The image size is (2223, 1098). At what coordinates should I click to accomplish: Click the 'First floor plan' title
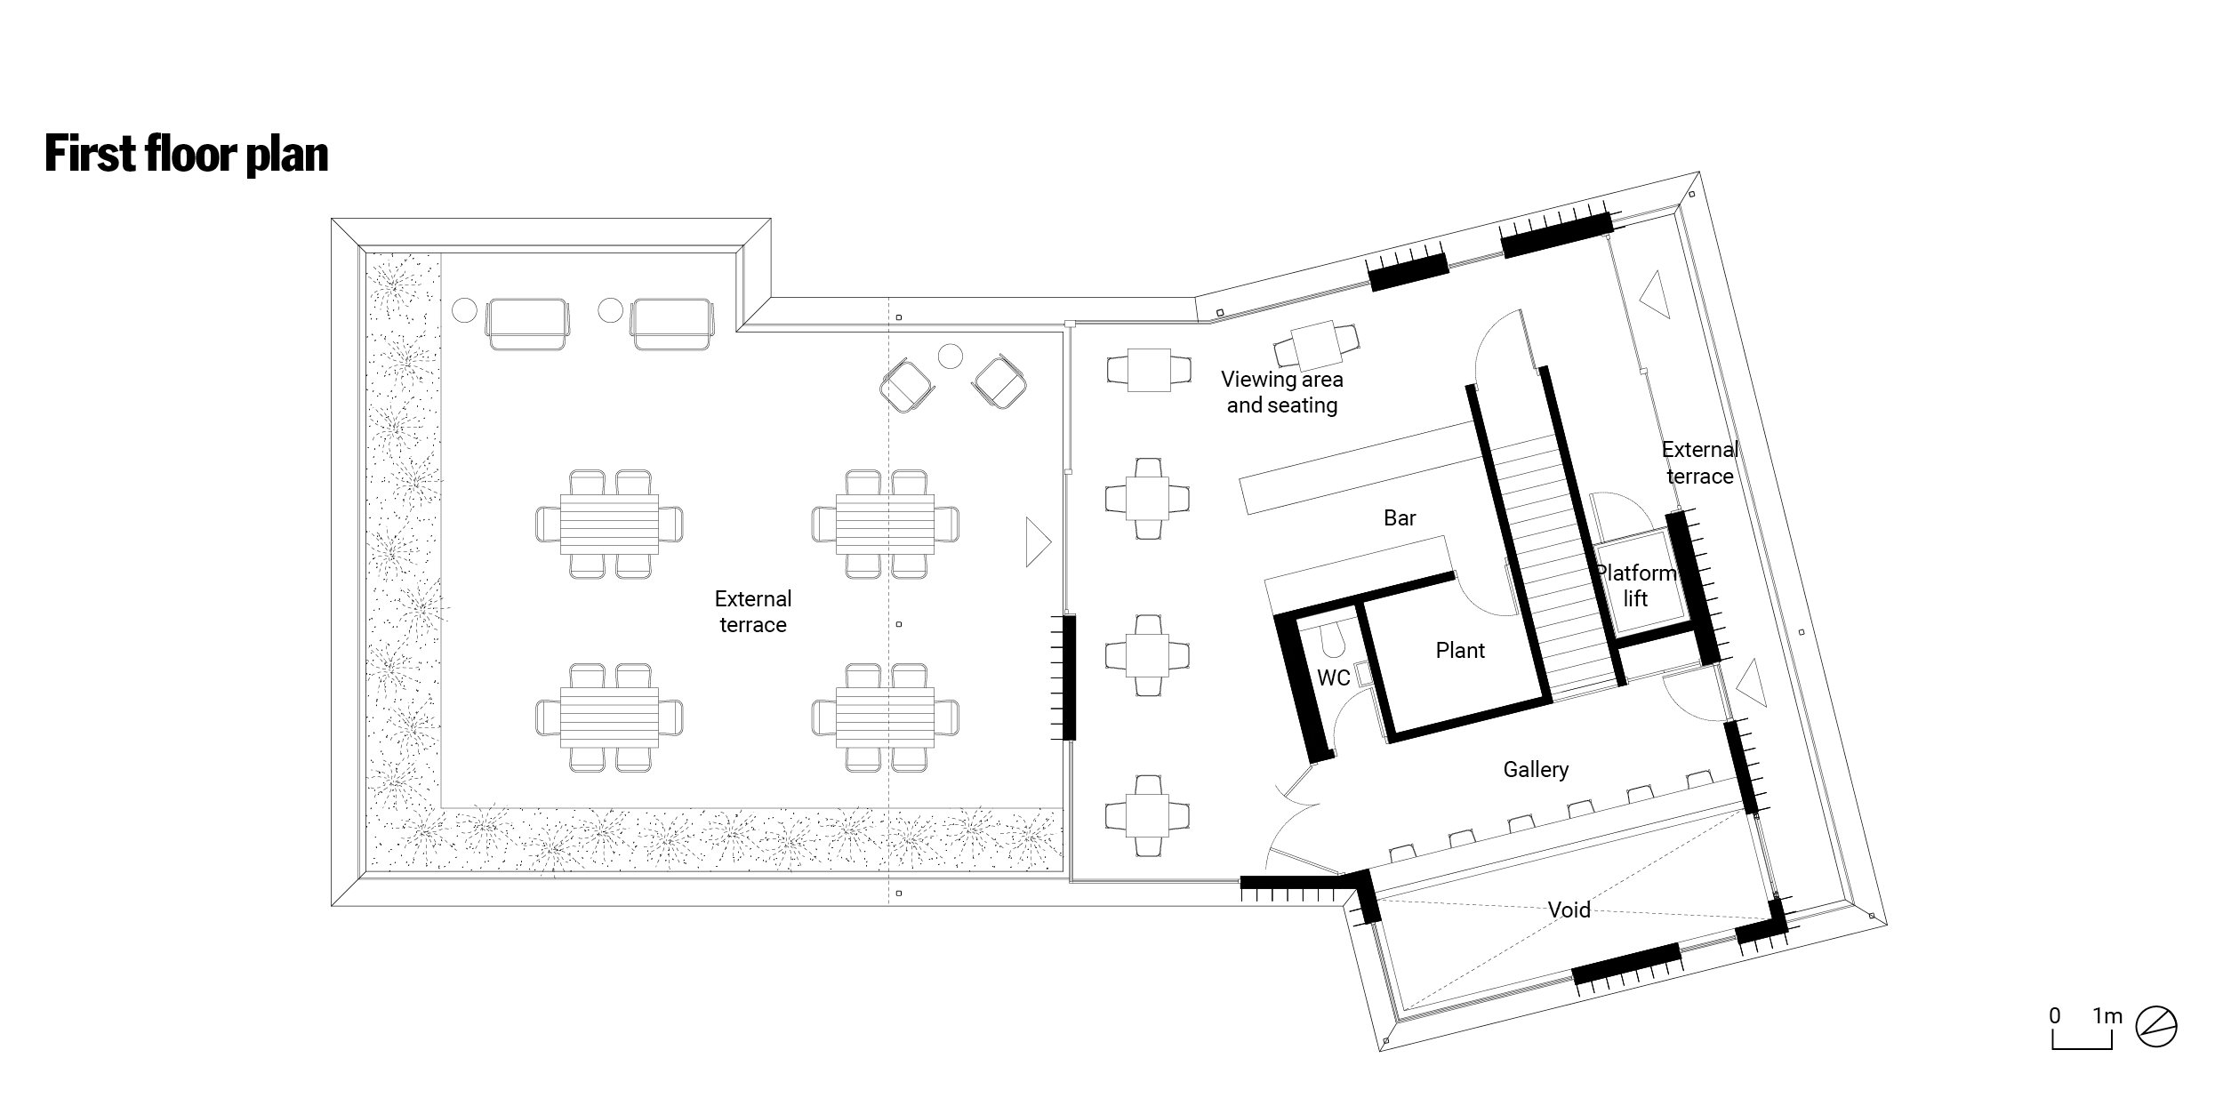[186, 154]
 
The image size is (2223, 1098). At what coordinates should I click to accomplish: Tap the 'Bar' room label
[1400, 517]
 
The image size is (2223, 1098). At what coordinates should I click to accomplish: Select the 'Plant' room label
[1460, 650]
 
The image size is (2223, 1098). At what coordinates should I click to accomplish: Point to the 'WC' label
[1333, 677]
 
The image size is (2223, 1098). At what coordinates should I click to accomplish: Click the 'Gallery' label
[1536, 769]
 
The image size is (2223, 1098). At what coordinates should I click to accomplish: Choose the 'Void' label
[1569, 910]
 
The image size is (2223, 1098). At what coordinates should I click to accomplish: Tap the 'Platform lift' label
[1636, 586]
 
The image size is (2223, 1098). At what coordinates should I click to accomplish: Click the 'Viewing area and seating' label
[1282, 392]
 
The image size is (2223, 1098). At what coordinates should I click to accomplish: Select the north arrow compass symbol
[2155, 1027]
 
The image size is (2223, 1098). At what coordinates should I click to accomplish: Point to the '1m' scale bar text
[2107, 1015]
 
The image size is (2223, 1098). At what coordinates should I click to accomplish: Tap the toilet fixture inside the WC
[1331, 637]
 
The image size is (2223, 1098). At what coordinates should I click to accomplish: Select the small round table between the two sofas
[610, 309]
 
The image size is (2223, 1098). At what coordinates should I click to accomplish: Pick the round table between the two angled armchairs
[951, 357]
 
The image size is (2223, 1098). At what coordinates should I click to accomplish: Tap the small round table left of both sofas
[464, 309]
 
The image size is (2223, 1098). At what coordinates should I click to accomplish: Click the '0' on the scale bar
[2055, 1015]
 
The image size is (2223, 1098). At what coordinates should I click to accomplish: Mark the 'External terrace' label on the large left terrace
[753, 612]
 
